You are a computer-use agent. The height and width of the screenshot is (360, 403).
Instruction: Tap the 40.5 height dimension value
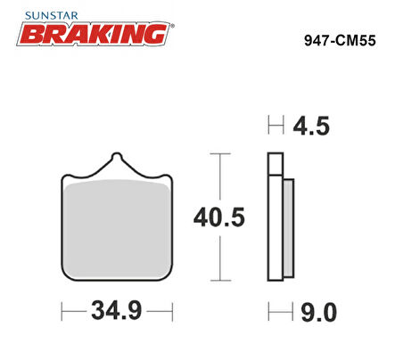(x=219, y=217)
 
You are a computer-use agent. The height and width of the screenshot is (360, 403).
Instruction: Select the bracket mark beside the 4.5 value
(x=275, y=126)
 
